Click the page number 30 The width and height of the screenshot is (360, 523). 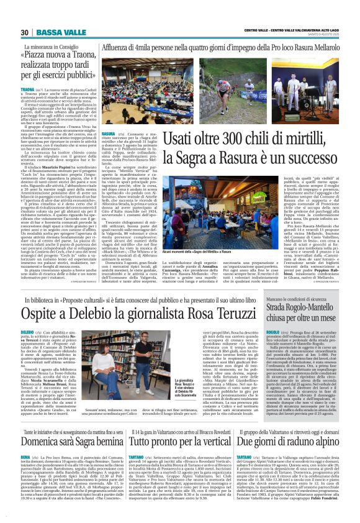click(x=25, y=32)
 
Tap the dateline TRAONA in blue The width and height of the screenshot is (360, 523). click(x=27, y=91)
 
